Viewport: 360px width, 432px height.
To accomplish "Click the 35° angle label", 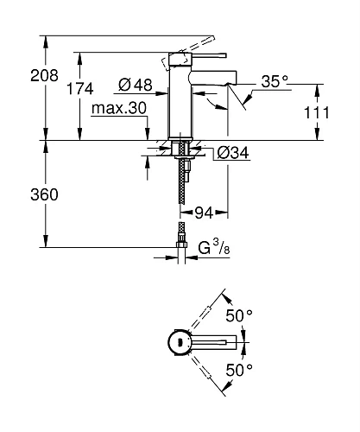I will click(275, 84).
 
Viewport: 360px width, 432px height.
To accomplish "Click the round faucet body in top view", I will click(180, 342).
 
